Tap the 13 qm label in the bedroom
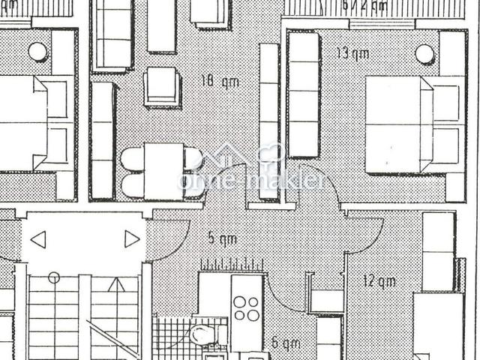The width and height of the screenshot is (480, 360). [x=352, y=53]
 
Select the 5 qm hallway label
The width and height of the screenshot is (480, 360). [x=222, y=239]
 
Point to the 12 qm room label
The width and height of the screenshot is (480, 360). [x=379, y=282]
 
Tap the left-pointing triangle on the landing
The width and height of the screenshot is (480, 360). [x=38, y=240]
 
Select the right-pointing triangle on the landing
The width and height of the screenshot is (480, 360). [x=132, y=239]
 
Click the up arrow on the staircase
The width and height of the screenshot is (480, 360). [x=114, y=286]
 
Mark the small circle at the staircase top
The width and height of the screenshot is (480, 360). [x=53, y=278]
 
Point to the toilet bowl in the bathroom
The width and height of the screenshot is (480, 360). [x=202, y=334]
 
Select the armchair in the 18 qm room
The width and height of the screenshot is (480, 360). [x=162, y=86]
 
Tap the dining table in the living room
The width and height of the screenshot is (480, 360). [x=163, y=172]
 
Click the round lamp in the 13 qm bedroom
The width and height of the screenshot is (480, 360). [x=424, y=53]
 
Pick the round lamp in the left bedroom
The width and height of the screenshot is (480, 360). [x=37, y=52]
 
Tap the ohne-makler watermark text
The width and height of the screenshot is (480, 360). [x=251, y=180]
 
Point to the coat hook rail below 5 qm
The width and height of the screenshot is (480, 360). [x=232, y=265]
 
